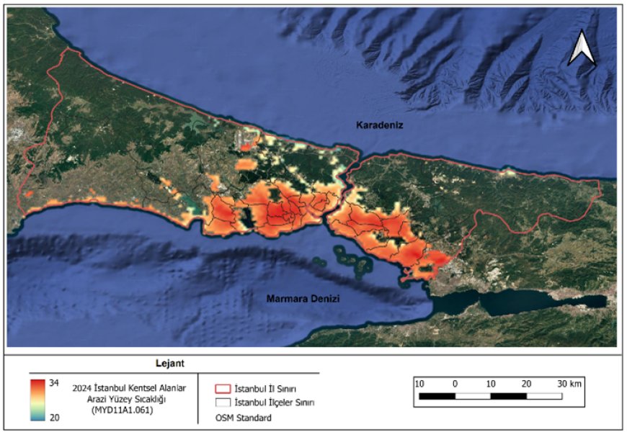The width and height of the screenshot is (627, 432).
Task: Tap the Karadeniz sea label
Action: (x=380, y=125)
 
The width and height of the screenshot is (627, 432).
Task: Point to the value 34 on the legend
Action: (x=54, y=383)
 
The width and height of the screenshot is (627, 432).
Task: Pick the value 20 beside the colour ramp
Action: (x=54, y=417)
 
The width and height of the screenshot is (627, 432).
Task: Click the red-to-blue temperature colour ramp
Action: (x=37, y=400)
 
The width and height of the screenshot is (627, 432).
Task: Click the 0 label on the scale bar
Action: (x=455, y=384)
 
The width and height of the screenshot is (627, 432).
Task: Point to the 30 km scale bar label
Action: (x=569, y=384)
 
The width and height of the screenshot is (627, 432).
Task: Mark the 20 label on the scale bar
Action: (x=526, y=384)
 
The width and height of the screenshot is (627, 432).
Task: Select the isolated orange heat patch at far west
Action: (x=29, y=194)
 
